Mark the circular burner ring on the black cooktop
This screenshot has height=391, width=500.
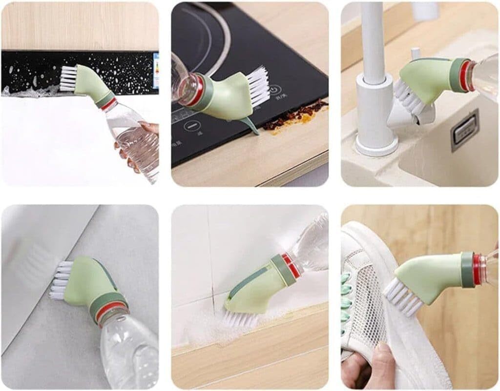pyautogui.click(x=222, y=39)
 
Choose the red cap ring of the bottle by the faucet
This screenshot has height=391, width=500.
pyautogui.click(x=466, y=76)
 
